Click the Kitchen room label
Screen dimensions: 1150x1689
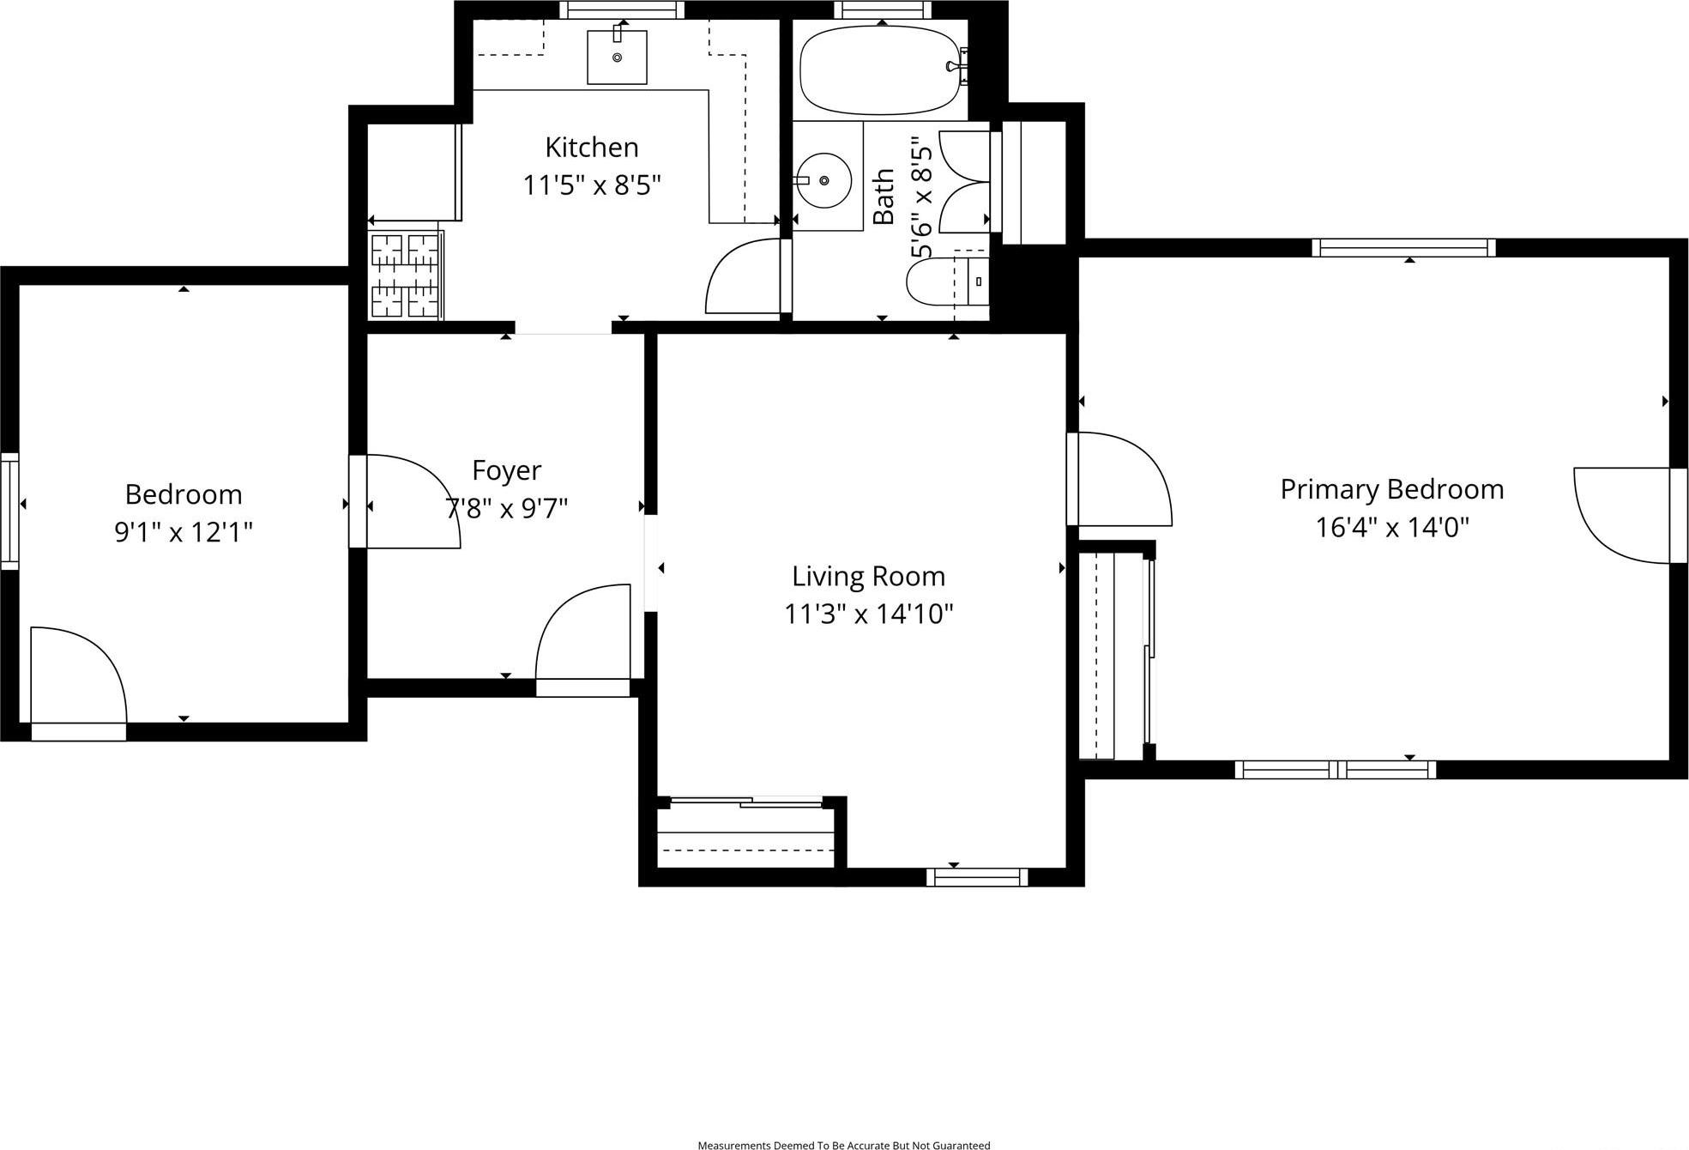[592, 148]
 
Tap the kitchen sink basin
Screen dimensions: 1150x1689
[617, 57]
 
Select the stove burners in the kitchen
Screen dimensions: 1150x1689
[406, 275]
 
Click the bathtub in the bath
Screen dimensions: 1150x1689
[878, 70]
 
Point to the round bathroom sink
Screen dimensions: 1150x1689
[823, 180]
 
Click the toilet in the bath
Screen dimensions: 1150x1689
[944, 281]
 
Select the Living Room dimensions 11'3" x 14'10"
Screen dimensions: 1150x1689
[868, 614]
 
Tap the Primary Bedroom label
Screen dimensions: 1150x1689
[1391, 489]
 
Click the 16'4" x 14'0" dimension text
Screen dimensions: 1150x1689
[1391, 527]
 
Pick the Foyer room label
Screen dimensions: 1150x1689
[506, 470]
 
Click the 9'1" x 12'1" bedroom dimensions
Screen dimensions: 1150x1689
[184, 533]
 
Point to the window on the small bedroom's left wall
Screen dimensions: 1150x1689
[9, 511]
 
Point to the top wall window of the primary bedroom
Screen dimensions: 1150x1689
[1403, 248]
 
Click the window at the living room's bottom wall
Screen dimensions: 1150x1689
[977, 877]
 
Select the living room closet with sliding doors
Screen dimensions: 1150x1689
[745, 837]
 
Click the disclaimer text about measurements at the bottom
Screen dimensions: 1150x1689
[843, 1145]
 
